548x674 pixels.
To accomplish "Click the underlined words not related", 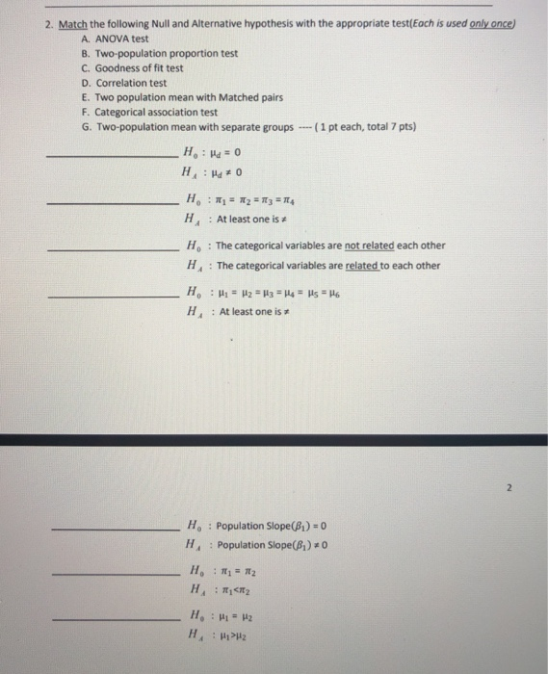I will point(359,245).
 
